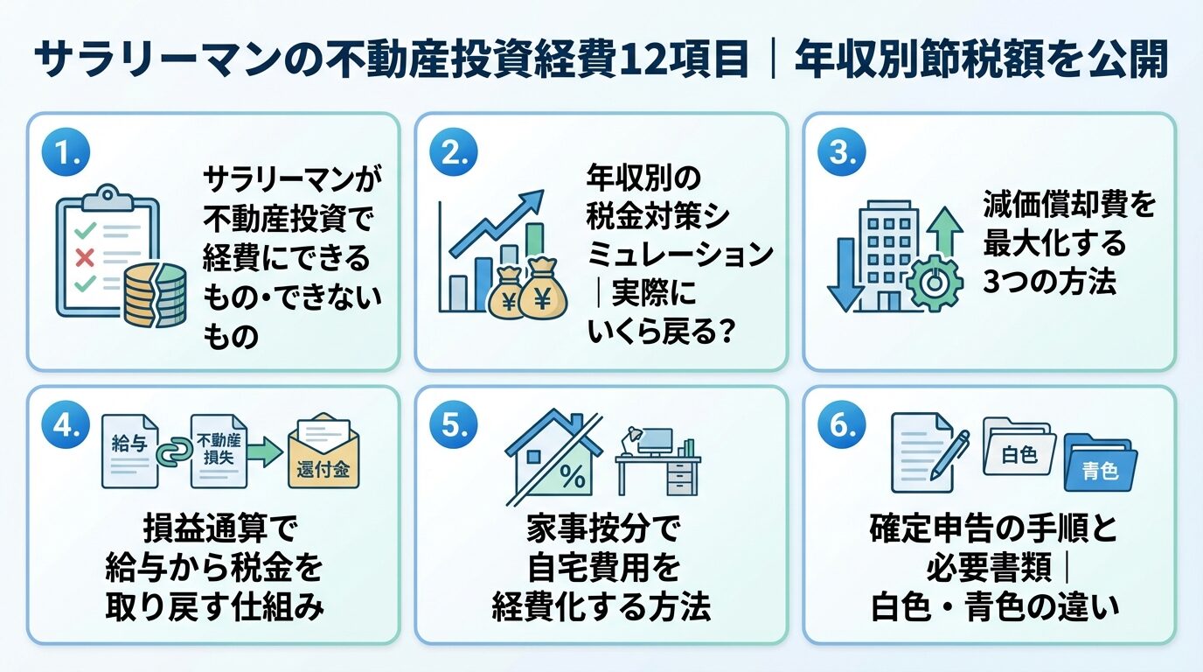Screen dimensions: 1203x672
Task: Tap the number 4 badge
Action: click(65, 426)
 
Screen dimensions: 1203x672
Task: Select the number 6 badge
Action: click(840, 426)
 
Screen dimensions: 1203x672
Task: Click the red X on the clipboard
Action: click(86, 257)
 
